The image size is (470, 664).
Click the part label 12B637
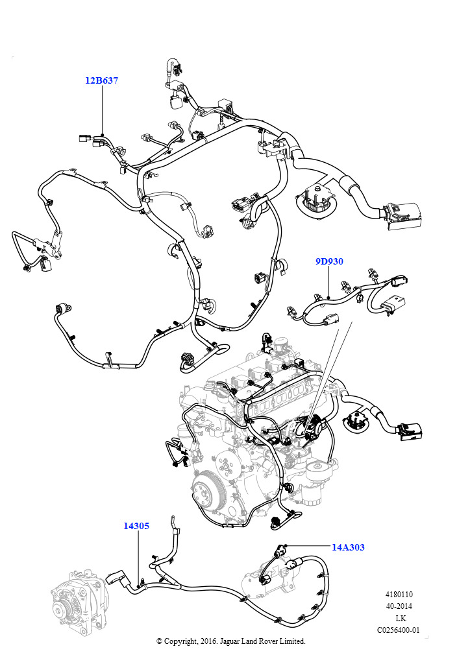101,81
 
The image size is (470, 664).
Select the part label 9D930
329,261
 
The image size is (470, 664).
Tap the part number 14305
136,526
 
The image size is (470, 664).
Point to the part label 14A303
348,547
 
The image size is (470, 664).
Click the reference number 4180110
399,595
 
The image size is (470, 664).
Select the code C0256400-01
399,630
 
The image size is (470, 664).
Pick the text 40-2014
399,606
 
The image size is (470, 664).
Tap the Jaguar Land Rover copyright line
230,641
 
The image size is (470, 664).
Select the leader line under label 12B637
103,110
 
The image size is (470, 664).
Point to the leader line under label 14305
138,554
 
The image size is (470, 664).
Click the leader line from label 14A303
308,546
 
